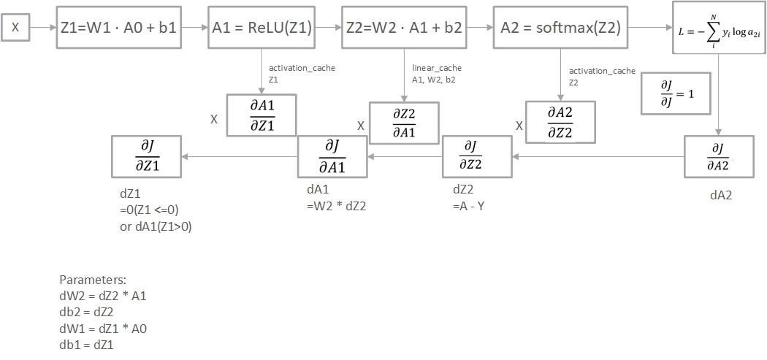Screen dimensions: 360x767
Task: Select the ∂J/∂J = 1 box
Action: (676, 93)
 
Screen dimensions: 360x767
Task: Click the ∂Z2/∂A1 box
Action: (404, 121)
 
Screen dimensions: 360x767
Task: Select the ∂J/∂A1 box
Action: (332, 156)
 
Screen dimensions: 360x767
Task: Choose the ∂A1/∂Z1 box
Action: (262, 115)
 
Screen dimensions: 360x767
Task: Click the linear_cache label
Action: (437, 68)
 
